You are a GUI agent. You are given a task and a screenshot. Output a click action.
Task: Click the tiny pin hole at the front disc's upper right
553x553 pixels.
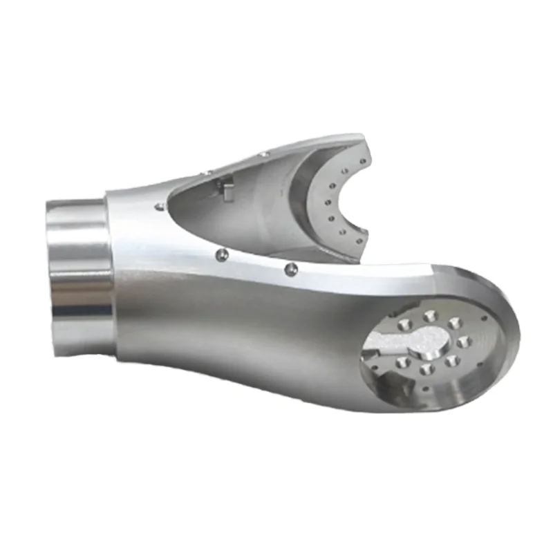484,319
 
